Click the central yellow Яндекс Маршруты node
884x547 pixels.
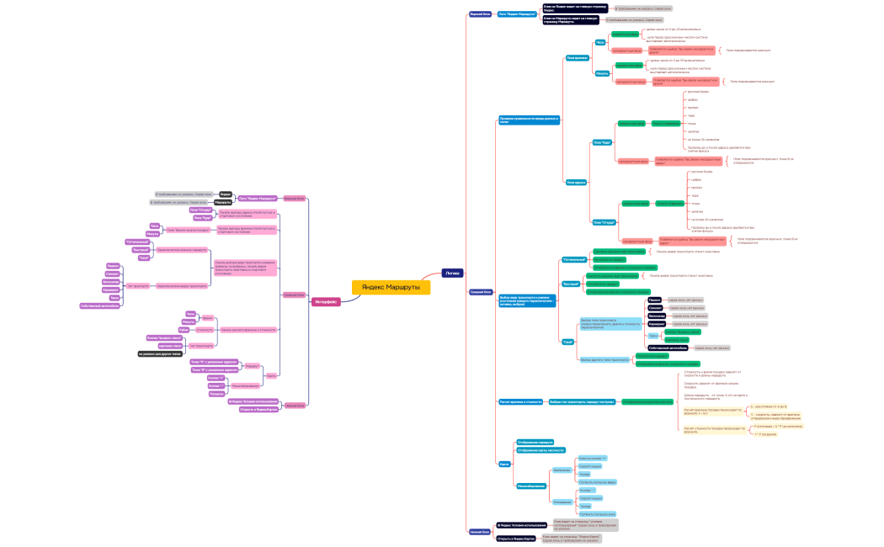391,287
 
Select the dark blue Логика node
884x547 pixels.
452,273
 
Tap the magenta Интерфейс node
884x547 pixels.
326,301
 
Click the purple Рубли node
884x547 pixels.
184,329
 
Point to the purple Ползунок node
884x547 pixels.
216,393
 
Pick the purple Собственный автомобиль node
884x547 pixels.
100,305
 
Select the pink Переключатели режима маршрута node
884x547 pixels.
182,250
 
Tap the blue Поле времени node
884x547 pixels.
577,58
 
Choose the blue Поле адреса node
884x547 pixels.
576,182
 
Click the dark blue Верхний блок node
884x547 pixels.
481,14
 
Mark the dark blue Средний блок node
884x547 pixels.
481,292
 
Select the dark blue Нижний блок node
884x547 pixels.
479,531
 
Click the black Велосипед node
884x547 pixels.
657,316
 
